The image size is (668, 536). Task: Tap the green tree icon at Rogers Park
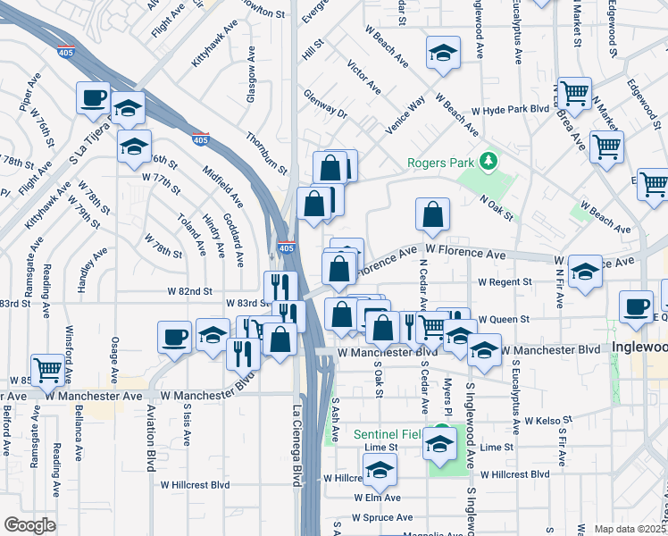pos(488,162)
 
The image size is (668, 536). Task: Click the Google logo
pos(29,525)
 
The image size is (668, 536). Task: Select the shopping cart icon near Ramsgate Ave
pos(47,367)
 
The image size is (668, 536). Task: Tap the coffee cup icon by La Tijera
pos(93,97)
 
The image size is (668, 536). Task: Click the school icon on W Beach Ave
pos(443,53)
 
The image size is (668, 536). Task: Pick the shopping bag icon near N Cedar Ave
pos(432,214)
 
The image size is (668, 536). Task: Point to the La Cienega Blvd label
pos(297,446)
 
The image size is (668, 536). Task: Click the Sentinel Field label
pos(386,435)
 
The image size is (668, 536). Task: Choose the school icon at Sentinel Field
pos(439,442)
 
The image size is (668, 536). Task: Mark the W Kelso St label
pos(547,419)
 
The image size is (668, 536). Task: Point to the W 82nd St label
pos(189,291)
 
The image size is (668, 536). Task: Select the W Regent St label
pos(505,281)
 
